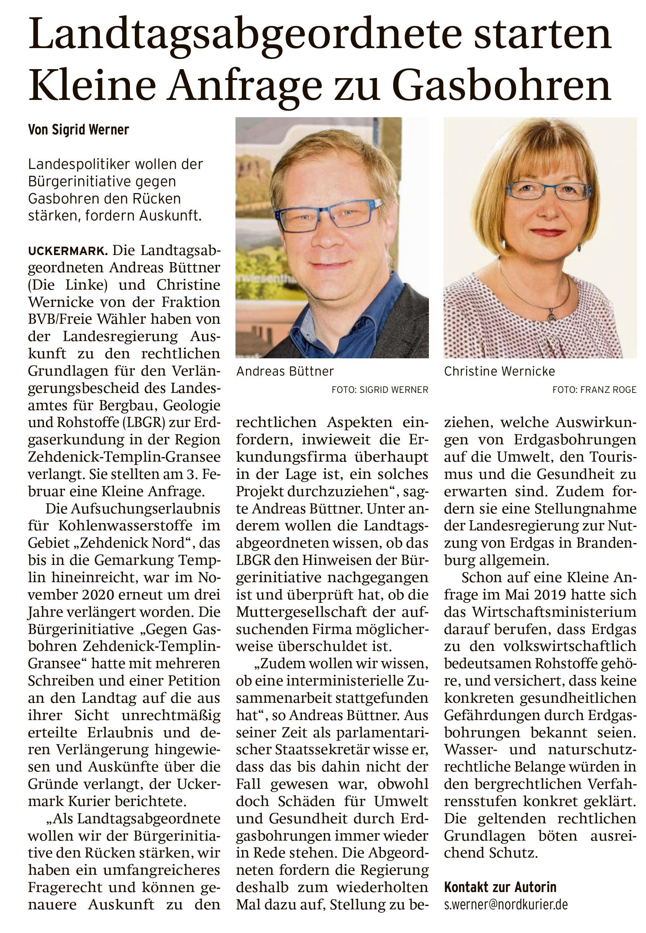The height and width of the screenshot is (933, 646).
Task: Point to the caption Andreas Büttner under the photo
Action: point(285,371)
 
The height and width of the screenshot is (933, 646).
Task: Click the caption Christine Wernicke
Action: point(500,371)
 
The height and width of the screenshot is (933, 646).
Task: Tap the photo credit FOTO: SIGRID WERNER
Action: point(380,390)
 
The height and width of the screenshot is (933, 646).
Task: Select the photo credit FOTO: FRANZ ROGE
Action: point(594,390)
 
